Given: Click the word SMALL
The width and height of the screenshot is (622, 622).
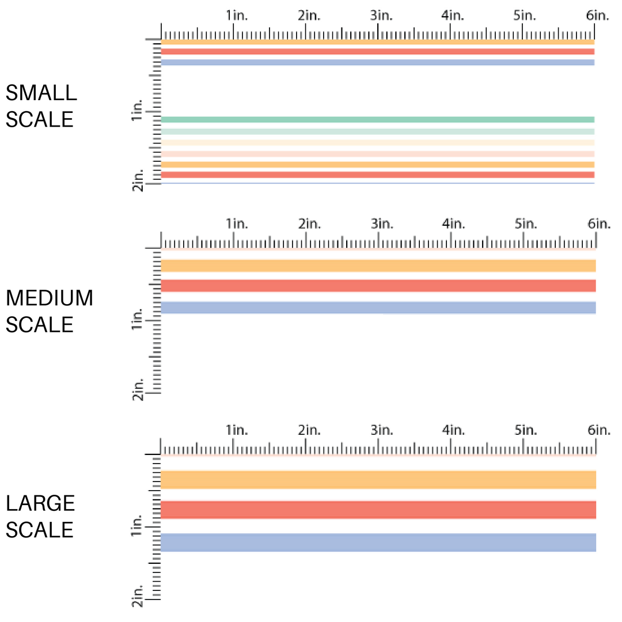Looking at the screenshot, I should (x=41, y=93).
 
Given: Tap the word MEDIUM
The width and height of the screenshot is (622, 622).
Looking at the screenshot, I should (x=49, y=298).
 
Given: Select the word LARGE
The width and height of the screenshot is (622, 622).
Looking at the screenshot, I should (x=40, y=503).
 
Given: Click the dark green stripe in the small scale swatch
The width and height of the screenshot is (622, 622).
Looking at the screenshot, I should (x=377, y=119).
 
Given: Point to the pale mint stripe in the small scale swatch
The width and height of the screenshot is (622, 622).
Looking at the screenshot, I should (x=377, y=131).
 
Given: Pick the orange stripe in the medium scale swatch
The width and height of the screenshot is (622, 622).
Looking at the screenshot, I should (x=377, y=266).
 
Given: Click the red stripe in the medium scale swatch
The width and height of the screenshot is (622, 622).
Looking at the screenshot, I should (x=377, y=286).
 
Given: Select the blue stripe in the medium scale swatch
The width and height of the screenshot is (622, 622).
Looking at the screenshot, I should (x=377, y=308).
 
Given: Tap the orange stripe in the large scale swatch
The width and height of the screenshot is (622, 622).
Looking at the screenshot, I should (x=377, y=480).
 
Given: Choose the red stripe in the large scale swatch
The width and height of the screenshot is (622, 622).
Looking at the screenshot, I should (x=377, y=510).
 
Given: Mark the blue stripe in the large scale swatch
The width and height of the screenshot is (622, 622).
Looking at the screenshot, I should (x=377, y=543).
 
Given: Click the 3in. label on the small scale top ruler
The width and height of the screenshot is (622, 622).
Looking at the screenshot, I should (x=381, y=16).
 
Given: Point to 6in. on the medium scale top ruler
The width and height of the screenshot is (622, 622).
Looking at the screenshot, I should (x=598, y=223).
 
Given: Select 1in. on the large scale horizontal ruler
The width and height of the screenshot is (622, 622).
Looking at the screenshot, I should (x=237, y=430).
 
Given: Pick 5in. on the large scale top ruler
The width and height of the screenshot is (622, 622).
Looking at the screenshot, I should (x=526, y=430).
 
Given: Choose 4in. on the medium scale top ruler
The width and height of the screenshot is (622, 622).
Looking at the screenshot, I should (x=453, y=223).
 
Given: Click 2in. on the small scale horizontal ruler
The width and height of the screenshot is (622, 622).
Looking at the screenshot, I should (x=309, y=16).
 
